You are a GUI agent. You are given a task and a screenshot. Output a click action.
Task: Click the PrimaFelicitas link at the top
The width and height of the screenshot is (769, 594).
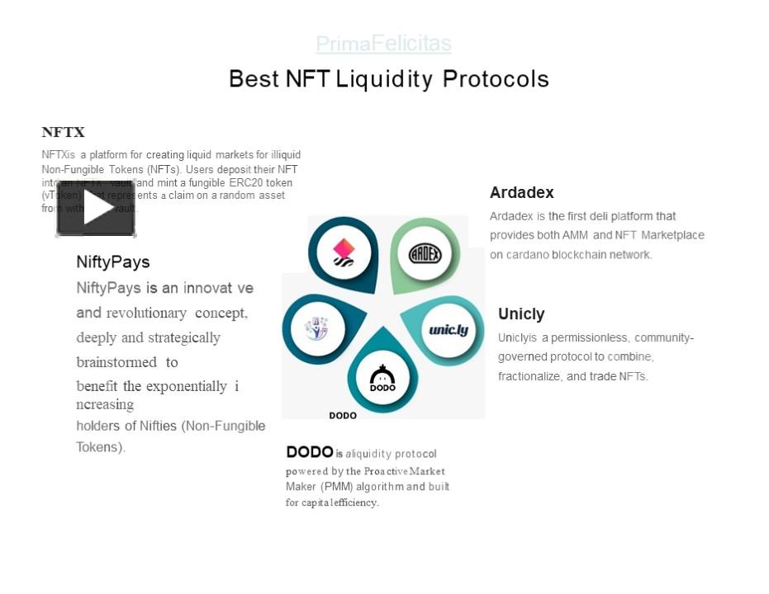(383, 43)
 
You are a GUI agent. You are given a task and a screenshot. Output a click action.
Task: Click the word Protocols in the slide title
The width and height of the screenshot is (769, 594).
(496, 79)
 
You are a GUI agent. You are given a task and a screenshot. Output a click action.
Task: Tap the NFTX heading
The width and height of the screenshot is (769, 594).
(64, 132)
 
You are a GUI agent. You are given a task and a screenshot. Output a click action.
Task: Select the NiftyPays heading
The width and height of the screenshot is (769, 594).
(113, 262)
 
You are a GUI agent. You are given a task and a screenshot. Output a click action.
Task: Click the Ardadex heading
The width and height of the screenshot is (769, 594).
(521, 193)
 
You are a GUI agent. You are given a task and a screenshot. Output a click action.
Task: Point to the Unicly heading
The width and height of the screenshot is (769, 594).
(521, 314)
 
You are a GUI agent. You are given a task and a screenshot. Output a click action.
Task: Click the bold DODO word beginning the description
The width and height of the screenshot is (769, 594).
(309, 452)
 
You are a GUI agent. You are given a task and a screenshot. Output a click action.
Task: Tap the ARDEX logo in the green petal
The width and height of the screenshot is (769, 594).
(425, 253)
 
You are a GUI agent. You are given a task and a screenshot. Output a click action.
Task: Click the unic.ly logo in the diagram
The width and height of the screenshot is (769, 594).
(449, 330)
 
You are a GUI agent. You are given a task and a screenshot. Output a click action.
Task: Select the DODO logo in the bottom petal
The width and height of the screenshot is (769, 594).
(382, 379)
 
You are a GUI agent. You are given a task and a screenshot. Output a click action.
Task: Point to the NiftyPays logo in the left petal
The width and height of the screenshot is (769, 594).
(316, 328)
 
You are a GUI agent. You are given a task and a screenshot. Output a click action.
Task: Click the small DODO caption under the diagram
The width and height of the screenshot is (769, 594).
(343, 416)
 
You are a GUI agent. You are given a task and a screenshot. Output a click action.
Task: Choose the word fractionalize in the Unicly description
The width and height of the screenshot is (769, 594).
(530, 377)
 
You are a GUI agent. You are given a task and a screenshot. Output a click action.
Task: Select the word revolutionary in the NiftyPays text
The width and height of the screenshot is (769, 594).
(147, 313)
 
